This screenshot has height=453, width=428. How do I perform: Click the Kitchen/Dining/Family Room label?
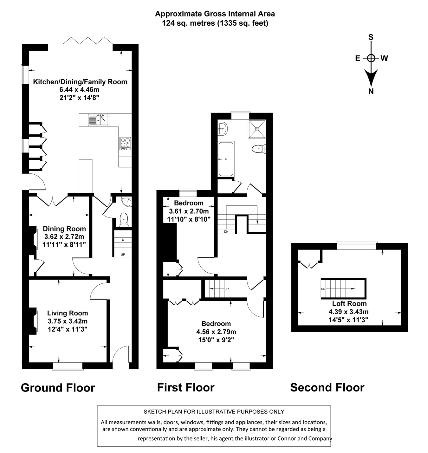[x=80, y=82]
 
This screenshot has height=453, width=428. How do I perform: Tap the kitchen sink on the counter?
[x=98, y=120]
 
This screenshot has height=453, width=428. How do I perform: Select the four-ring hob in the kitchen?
[x=125, y=144]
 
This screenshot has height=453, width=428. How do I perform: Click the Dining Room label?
[x=64, y=229]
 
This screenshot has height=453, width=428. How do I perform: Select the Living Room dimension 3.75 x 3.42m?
[x=67, y=321]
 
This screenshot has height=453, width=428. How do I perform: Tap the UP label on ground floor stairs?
[x=123, y=255]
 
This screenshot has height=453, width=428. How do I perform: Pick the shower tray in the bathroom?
[x=257, y=129]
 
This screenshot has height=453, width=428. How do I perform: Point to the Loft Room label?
[x=349, y=303]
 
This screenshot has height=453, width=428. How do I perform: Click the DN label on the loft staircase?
[x=323, y=289]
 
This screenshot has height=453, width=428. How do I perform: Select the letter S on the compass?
[x=371, y=37]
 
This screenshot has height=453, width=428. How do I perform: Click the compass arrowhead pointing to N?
[x=371, y=78]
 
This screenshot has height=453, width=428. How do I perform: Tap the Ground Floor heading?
[x=58, y=388]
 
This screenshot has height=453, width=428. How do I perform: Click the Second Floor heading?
[x=327, y=387]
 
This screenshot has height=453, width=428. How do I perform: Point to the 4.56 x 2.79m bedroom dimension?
[x=216, y=332]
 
